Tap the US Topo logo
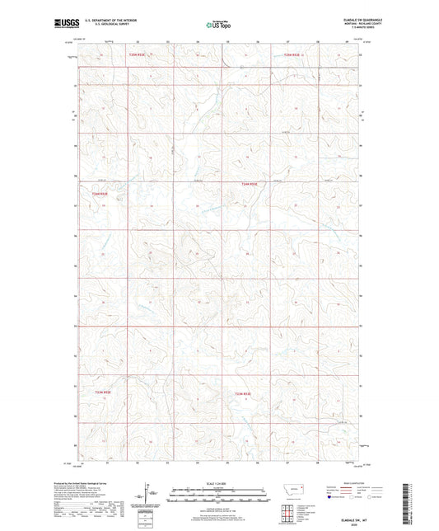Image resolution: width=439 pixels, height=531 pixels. pos(217,26)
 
